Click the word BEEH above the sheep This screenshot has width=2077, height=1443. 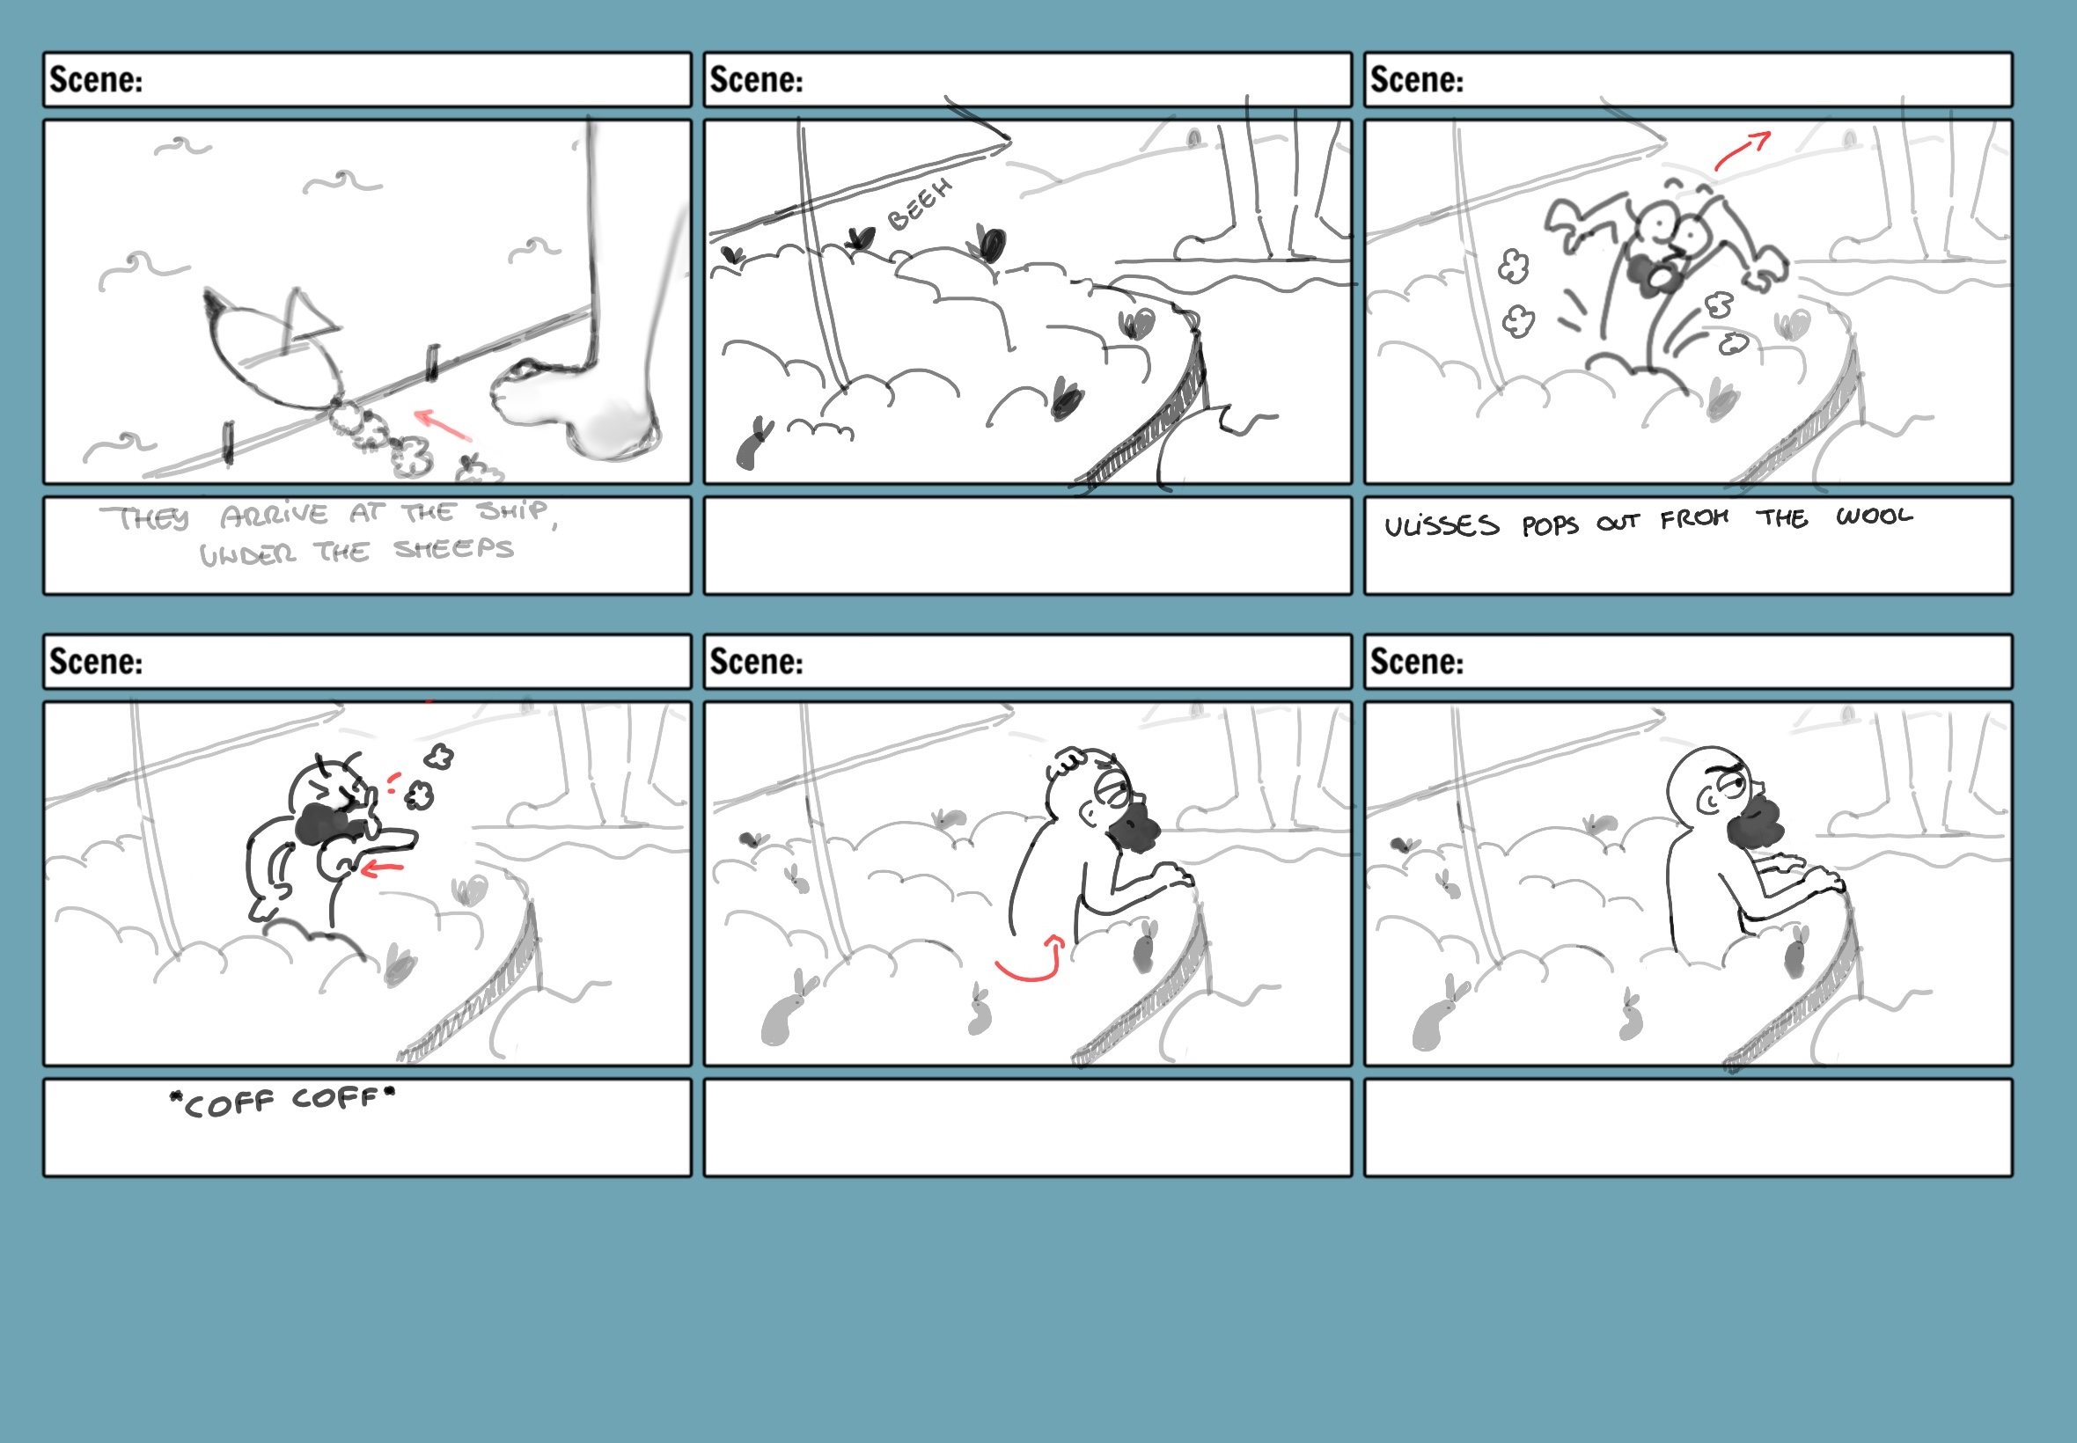pyautogui.click(x=920, y=204)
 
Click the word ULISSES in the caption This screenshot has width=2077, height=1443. pyautogui.click(x=1442, y=526)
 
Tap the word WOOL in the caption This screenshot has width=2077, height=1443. pyautogui.click(x=1874, y=516)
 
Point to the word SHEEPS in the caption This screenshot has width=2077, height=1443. pyautogui.click(x=453, y=549)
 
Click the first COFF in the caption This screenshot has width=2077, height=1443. pyautogui.click(x=228, y=1104)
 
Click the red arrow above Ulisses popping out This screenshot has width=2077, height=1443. pyautogui.click(x=1742, y=150)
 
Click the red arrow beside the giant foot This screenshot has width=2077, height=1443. pyautogui.click(x=443, y=424)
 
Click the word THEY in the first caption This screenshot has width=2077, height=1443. pyautogui.click(x=144, y=519)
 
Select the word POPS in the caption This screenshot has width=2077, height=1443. pyautogui.click(x=1550, y=526)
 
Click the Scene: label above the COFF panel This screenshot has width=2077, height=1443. pyautogui.click(x=96, y=662)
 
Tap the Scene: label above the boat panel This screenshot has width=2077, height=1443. pyautogui.click(x=96, y=79)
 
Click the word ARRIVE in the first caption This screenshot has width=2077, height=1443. pyautogui.click(x=274, y=516)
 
